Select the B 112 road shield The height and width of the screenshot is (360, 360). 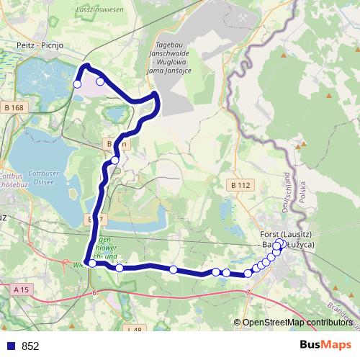[242, 185]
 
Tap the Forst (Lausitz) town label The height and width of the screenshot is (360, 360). [287, 235]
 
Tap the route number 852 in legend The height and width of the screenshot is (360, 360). [30, 346]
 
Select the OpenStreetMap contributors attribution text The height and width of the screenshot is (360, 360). [296, 323]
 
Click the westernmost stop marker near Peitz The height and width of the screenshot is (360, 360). [77, 84]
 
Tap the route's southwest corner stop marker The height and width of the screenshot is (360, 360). [92, 264]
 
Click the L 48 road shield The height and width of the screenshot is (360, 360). [134, 330]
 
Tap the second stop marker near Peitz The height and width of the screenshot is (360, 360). [100, 81]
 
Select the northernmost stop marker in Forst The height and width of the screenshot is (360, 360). [280, 243]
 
